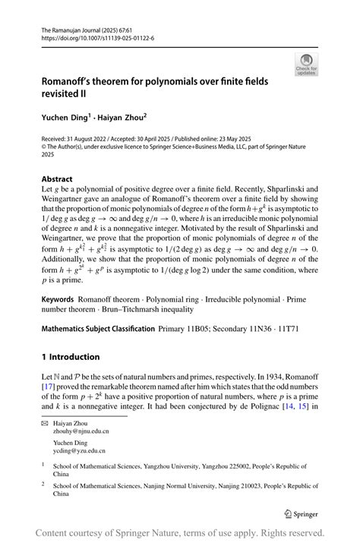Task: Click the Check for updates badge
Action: (306, 64)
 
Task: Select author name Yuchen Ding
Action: (65, 118)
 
